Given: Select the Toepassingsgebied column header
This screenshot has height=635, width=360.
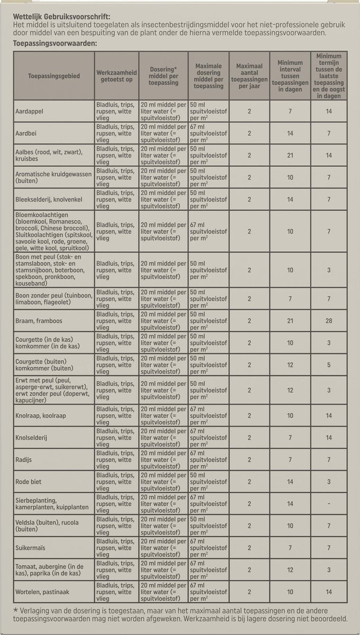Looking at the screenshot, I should (x=54, y=76).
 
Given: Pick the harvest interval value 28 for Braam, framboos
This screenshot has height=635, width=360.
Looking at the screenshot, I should (x=329, y=321).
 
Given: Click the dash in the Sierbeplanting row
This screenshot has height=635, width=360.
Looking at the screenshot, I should (x=329, y=504).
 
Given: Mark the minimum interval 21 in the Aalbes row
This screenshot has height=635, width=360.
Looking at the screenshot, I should (x=290, y=156).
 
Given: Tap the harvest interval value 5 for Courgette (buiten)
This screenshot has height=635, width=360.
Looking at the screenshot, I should (x=329, y=365).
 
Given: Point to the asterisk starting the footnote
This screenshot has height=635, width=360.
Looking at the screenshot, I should (x=16, y=609).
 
